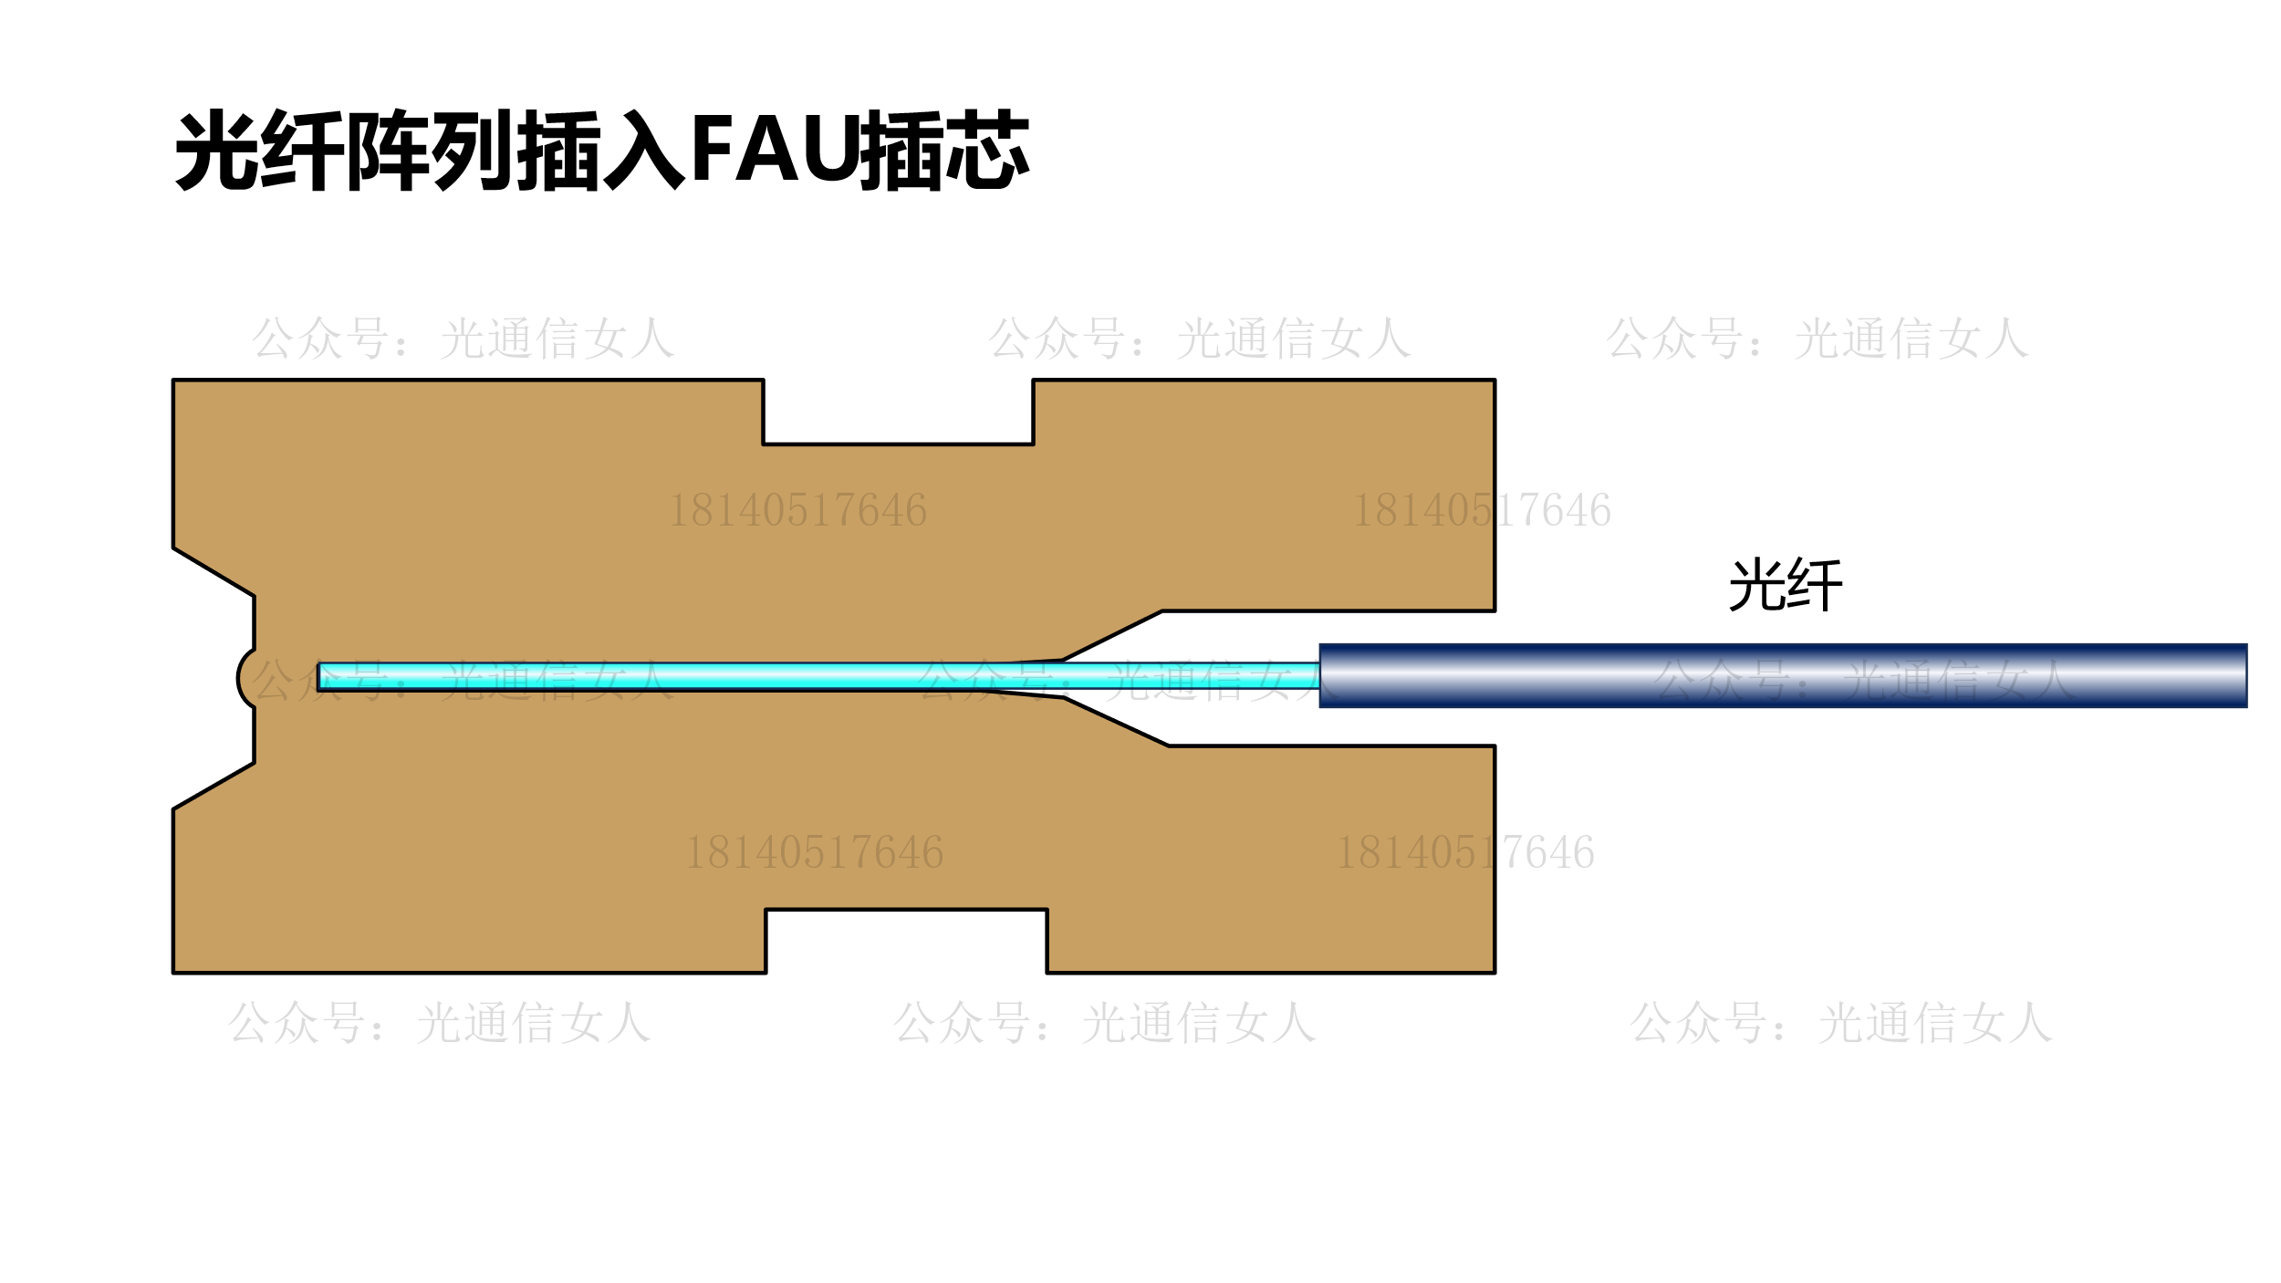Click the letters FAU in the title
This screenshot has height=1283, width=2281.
(774, 149)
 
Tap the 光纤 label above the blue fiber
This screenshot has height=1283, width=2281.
(1786, 585)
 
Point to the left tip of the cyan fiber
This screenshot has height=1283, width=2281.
(320, 676)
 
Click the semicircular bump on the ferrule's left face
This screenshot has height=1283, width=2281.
(245, 678)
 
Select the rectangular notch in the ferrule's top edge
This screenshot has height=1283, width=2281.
(898, 412)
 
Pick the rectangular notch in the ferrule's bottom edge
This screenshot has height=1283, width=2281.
(905, 939)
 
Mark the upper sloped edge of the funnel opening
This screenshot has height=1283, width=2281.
(1111, 635)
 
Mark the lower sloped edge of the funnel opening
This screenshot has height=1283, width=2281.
(1115, 722)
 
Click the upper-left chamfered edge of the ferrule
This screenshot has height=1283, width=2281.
(214, 572)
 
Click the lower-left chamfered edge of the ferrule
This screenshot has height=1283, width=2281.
(214, 786)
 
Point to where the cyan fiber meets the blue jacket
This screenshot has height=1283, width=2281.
(1319, 676)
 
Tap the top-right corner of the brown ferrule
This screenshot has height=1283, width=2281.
(1494, 381)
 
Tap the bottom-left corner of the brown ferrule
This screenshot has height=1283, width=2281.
(174, 972)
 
